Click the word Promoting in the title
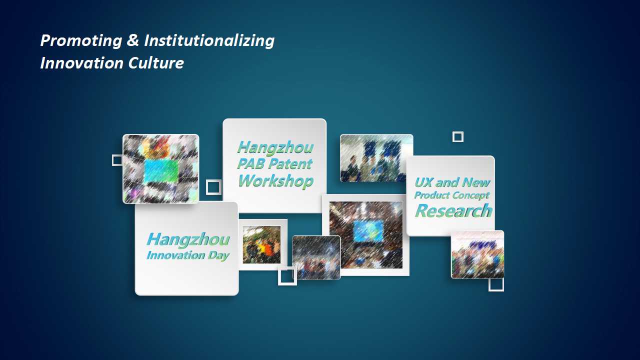(x=81, y=41)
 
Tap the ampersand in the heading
(x=133, y=40)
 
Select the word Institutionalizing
(x=209, y=41)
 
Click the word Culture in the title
(x=156, y=63)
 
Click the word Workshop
(x=275, y=181)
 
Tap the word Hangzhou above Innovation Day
(x=188, y=239)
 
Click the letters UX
(x=423, y=182)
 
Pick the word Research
(x=453, y=211)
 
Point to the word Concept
(x=471, y=195)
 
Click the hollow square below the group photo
(x=489, y=285)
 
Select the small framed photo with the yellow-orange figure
(x=261, y=244)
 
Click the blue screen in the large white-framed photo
(x=368, y=231)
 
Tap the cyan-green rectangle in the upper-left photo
(x=161, y=171)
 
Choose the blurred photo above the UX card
(x=376, y=158)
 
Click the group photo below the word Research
(x=477, y=255)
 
